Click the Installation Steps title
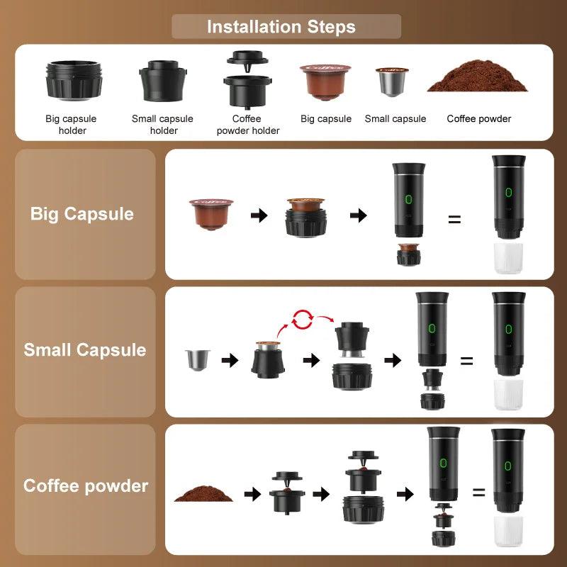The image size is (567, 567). click(281, 28)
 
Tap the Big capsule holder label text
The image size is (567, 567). click(71, 125)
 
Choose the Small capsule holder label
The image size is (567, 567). click(162, 125)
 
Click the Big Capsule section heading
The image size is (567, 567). click(82, 214)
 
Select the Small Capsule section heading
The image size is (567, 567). click(85, 350)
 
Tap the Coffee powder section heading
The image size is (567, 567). click(86, 486)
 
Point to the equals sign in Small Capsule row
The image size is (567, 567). click(466, 361)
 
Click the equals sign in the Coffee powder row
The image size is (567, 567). click(479, 493)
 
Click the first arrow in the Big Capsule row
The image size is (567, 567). click(260, 215)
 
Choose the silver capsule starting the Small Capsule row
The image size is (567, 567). click(193, 359)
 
